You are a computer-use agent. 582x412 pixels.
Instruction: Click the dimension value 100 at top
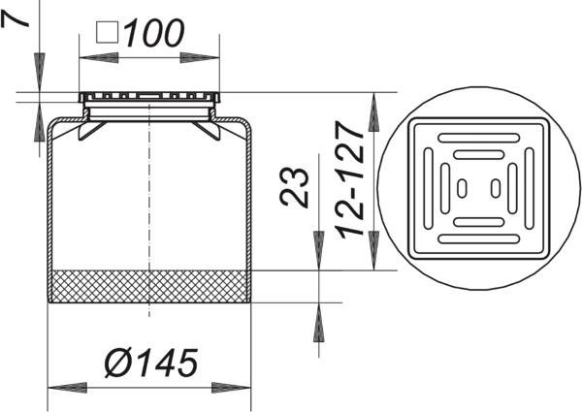[154, 34]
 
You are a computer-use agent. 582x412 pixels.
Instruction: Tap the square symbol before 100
[108, 32]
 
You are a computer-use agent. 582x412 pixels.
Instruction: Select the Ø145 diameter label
[150, 363]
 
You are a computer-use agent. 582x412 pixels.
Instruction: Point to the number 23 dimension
[294, 187]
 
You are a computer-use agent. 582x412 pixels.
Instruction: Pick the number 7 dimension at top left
[15, 19]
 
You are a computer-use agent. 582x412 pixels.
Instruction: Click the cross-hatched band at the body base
[149, 286]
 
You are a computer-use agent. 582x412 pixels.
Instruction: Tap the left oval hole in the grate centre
[462, 188]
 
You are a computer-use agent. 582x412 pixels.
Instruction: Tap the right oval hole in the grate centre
[496, 188]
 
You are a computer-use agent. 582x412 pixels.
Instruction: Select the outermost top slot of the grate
[479, 138]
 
